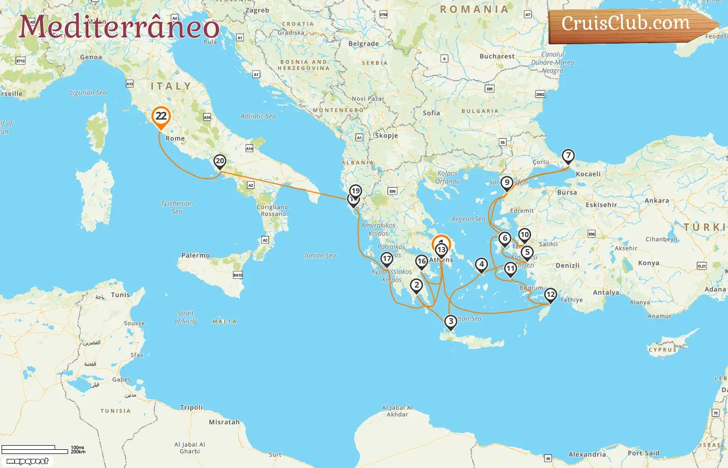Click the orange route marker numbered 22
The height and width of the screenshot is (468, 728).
coord(161,116)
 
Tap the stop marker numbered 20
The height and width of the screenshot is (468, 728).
coord(220,161)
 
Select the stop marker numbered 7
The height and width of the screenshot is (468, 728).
coord(568,155)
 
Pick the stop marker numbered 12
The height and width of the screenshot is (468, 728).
coord(551,295)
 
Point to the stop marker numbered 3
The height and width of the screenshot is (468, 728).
coord(451,321)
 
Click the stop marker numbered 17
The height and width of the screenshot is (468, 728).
coord(387,258)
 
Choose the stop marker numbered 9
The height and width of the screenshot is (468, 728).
coord(507,183)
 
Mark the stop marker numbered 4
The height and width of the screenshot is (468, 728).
coord(482,264)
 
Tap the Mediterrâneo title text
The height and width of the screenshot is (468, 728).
coord(119,27)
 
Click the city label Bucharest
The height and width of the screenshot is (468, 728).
coord(497,56)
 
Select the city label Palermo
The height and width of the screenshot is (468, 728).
coord(196,255)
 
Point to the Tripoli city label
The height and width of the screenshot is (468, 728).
coord(191,408)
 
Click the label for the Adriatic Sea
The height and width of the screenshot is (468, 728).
coord(258,116)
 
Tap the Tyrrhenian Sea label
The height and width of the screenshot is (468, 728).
coord(177,207)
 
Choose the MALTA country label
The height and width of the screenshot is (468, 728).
coord(224,322)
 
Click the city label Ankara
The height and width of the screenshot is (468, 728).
coord(657,201)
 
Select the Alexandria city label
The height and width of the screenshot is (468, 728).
coord(587,454)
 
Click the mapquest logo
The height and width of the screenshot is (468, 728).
coord(28,461)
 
